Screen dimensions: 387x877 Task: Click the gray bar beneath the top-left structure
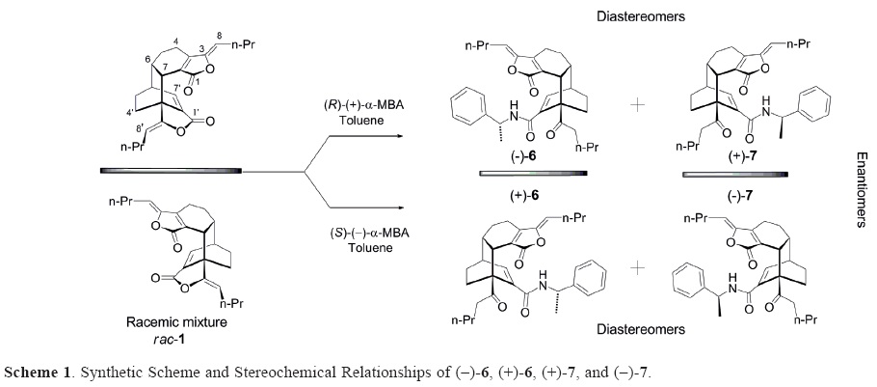(x=170, y=172)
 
